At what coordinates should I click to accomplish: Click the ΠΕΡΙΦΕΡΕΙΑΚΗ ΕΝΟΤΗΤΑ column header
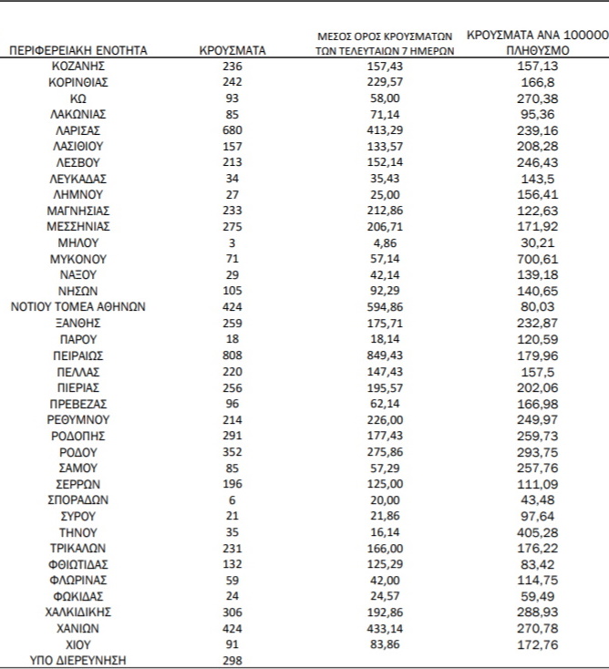77,51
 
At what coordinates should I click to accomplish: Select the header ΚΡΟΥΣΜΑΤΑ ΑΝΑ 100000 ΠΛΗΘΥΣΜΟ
537,42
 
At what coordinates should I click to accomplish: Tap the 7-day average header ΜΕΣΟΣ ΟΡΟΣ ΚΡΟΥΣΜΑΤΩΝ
378,43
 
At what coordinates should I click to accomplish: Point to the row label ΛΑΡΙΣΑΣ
77,129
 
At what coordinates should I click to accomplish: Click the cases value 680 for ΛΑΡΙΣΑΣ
232,129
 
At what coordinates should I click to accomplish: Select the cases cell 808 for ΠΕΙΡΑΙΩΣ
232,355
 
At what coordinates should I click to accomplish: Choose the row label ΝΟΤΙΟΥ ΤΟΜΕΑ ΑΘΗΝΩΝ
77,306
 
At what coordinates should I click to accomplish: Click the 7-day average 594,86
378,306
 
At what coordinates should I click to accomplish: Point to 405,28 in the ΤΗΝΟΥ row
537,532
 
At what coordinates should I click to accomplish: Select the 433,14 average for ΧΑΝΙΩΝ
378,628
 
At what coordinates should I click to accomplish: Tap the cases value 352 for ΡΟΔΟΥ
232,451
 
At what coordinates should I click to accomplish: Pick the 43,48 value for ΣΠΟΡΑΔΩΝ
537,499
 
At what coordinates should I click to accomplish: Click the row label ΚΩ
77,98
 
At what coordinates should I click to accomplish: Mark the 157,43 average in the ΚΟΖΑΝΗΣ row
378,67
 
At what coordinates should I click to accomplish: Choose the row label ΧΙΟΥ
77,643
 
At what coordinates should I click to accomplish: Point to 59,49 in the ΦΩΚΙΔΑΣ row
537,596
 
